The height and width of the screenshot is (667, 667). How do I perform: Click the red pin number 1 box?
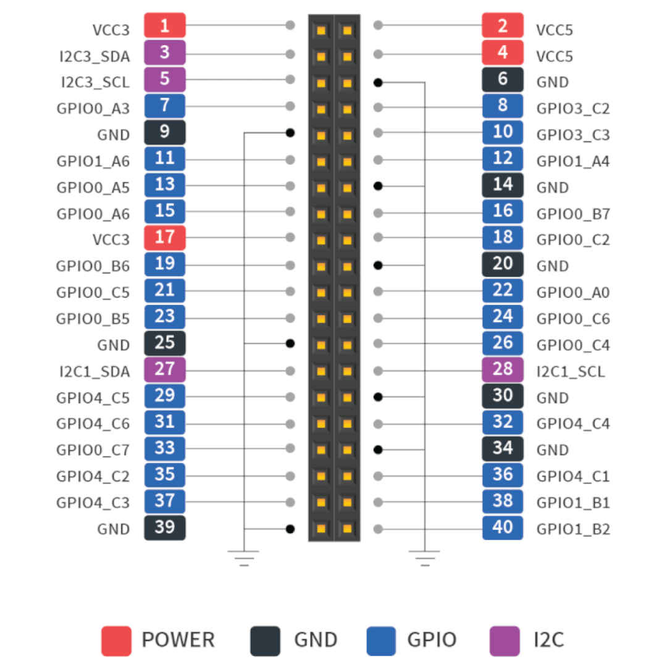pos(165,26)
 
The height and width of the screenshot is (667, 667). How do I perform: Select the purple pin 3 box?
pos(165,52)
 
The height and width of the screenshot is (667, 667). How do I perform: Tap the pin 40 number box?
pos(503,528)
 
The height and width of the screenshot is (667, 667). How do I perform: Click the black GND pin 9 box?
pos(165,132)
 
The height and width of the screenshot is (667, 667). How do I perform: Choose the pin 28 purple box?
pos(503,369)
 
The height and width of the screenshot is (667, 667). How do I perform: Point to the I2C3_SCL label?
pos(95,82)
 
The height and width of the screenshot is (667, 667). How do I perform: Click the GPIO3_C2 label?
pos(573,109)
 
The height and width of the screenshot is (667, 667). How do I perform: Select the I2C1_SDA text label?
pos(95,372)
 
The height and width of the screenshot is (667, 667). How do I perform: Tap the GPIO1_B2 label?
pos(573,529)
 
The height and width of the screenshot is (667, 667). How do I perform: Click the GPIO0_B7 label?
pos(573,214)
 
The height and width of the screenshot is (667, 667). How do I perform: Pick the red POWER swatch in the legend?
pos(116,640)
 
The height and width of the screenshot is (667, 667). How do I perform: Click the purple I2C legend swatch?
pos(505,640)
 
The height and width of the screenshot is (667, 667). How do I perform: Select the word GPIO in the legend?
pos(432,640)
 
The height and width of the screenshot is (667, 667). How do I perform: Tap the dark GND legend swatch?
pos(265,640)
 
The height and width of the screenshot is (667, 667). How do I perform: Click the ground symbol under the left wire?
pos(244,558)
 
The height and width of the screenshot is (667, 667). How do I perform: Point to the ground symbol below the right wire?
pos(424,558)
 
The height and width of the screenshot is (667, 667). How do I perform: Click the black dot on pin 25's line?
pos(290,343)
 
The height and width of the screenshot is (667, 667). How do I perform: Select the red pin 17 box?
pos(165,237)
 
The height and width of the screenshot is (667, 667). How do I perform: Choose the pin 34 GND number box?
pos(503,448)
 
